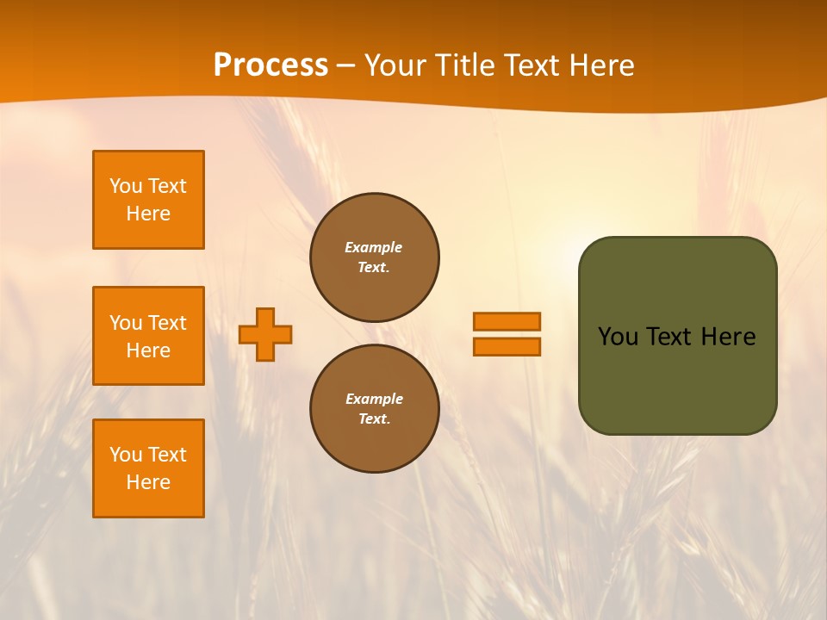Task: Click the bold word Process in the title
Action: pos(270,65)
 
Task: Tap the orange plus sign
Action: pos(265,334)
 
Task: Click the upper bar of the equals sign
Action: pos(507,321)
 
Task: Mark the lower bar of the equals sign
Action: pos(507,347)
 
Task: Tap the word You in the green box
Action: pos(618,337)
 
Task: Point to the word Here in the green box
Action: pos(728,337)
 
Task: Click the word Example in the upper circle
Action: pos(374,247)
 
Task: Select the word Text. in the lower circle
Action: pos(374,418)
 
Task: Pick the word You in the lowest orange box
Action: pos(126,455)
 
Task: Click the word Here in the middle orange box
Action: pos(148,350)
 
